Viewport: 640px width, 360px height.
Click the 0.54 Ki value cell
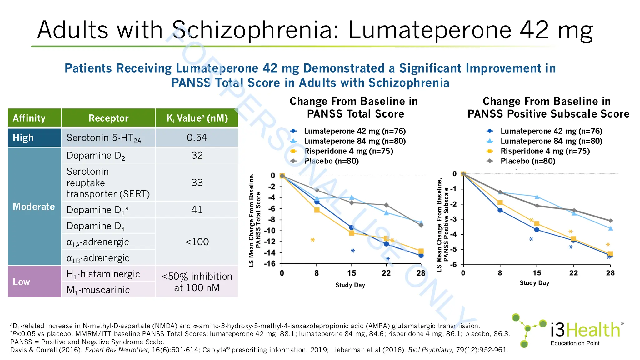click(x=197, y=138)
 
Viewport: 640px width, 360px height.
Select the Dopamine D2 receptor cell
click(x=96, y=156)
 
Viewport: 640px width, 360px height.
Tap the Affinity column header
click(x=29, y=118)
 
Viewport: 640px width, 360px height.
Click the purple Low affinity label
click(x=22, y=282)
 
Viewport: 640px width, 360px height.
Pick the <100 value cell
click(x=197, y=242)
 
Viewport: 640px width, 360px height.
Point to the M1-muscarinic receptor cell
click(x=98, y=290)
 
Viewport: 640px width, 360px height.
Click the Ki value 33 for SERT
click(x=197, y=182)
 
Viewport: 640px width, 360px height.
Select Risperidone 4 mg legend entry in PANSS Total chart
click(x=348, y=151)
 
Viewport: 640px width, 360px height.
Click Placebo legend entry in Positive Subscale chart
click(x=527, y=161)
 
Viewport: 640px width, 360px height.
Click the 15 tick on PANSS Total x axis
click(x=352, y=273)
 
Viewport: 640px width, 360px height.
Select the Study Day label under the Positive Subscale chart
click(x=534, y=283)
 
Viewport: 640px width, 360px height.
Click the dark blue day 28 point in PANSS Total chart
click(x=421, y=256)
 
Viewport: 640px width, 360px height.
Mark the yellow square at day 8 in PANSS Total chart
click(x=317, y=210)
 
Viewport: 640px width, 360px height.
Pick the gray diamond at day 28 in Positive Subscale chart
click(x=610, y=221)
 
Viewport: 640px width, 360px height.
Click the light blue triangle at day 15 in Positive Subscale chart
click(x=537, y=197)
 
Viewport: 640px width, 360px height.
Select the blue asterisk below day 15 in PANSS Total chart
click(x=352, y=251)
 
